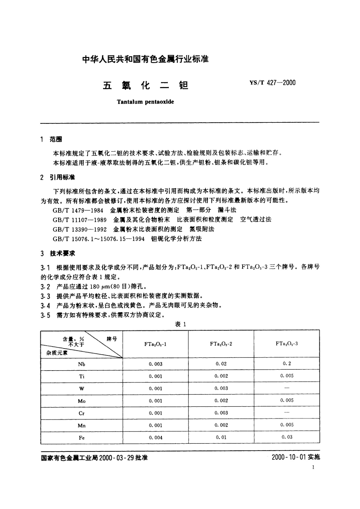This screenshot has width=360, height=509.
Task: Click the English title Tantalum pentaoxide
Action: (145, 102)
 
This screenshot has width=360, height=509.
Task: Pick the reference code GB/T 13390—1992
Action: (79, 229)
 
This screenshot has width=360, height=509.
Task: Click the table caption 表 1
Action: (180, 324)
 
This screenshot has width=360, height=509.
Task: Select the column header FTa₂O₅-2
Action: (221, 344)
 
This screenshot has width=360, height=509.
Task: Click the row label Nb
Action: (82, 364)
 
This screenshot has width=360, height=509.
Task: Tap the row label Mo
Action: (82, 401)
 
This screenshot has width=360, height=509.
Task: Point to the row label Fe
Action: (82, 438)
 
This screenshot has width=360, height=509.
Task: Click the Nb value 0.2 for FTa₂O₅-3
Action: (287, 364)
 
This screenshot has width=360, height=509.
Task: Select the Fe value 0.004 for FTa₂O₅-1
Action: (155, 437)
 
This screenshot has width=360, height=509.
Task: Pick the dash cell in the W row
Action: (287, 388)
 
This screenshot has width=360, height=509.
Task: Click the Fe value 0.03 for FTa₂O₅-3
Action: (287, 437)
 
